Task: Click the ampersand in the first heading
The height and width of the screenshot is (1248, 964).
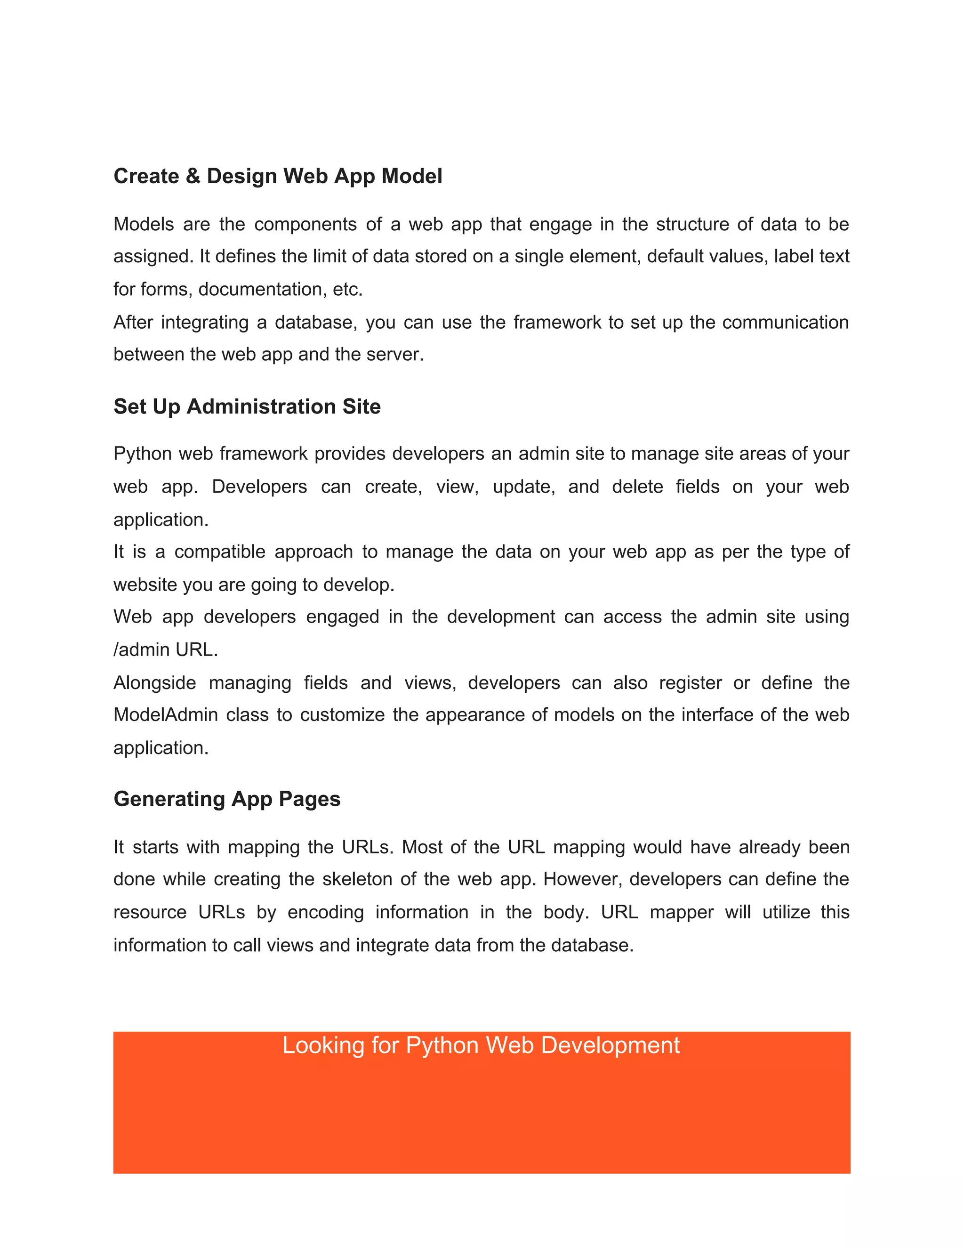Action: (x=193, y=176)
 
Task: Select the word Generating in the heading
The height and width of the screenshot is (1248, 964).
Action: (x=169, y=798)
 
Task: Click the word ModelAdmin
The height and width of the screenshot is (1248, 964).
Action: (x=166, y=715)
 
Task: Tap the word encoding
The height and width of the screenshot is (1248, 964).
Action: (x=325, y=912)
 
